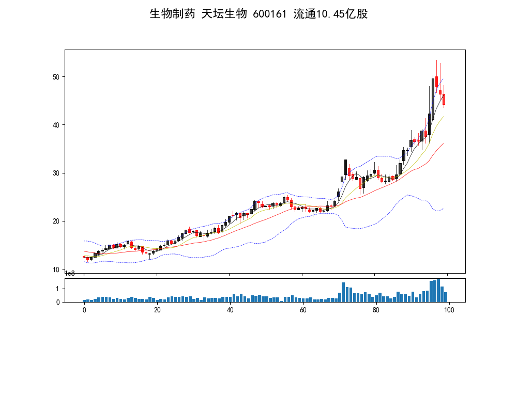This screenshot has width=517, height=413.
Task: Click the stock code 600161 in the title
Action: coord(269,14)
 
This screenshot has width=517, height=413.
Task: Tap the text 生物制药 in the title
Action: coord(172,14)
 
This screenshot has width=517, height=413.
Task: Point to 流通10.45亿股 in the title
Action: coord(330,14)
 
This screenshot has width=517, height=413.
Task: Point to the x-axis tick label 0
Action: coord(84,310)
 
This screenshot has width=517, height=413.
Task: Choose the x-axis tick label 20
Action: coord(157,310)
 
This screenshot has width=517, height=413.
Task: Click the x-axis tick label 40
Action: coord(230,310)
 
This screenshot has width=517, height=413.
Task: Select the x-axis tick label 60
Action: coord(303,310)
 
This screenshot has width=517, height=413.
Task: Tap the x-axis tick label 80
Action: coord(376,310)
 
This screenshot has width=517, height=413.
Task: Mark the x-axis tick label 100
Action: coord(449,310)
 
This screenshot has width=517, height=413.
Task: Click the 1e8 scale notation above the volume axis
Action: coord(70,273)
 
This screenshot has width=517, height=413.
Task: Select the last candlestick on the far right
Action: coord(444,99)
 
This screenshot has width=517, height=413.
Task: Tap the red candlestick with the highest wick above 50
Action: coord(437,82)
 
